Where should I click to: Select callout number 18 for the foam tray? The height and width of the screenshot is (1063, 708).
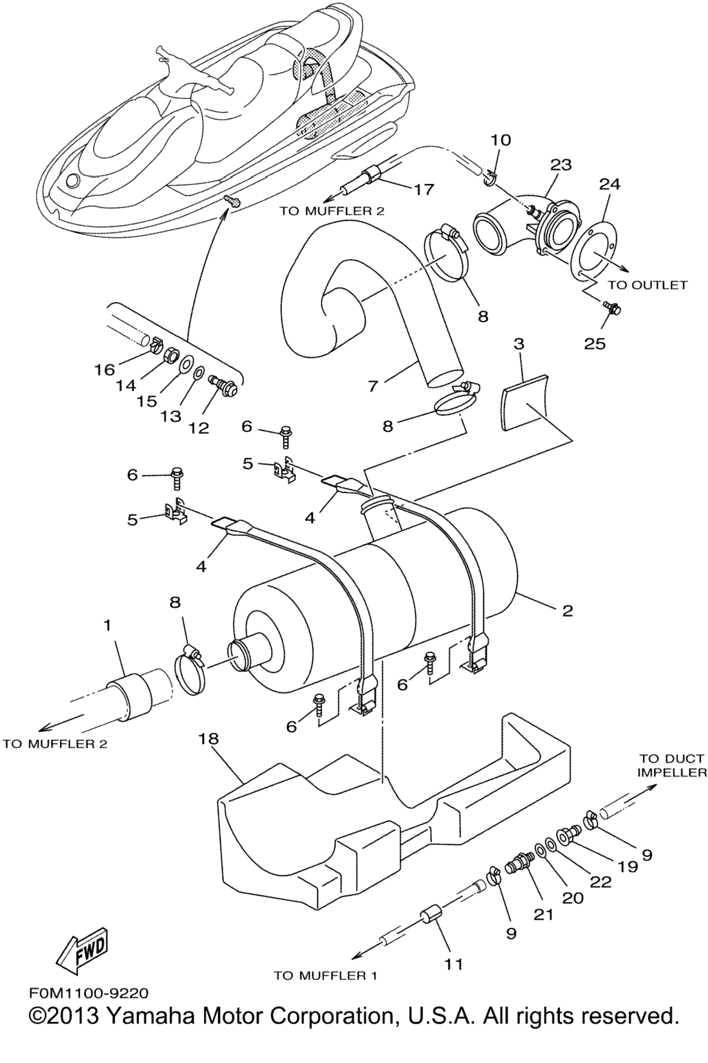coord(208,739)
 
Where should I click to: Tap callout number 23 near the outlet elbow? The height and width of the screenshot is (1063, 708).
coord(561,165)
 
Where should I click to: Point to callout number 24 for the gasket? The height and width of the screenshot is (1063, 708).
coord(610,184)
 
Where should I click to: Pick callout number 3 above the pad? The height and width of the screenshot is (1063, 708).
coord(519,344)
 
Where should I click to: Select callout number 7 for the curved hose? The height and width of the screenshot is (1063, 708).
coord(373,385)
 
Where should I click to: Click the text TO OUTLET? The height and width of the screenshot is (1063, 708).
coord(647,285)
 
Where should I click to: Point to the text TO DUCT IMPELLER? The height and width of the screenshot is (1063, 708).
coord(672,765)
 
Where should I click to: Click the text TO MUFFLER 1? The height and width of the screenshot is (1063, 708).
coord(325,976)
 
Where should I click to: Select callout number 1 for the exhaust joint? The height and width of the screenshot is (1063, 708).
coord(107,625)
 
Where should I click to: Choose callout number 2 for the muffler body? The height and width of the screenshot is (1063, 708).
coord(568,610)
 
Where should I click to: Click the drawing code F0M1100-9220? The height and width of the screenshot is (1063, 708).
coord(88,994)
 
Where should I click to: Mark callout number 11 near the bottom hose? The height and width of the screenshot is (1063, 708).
coord(454,964)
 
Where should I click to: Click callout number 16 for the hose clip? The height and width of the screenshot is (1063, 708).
coord(104,370)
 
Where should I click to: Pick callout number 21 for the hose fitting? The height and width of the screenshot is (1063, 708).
coord(543,914)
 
